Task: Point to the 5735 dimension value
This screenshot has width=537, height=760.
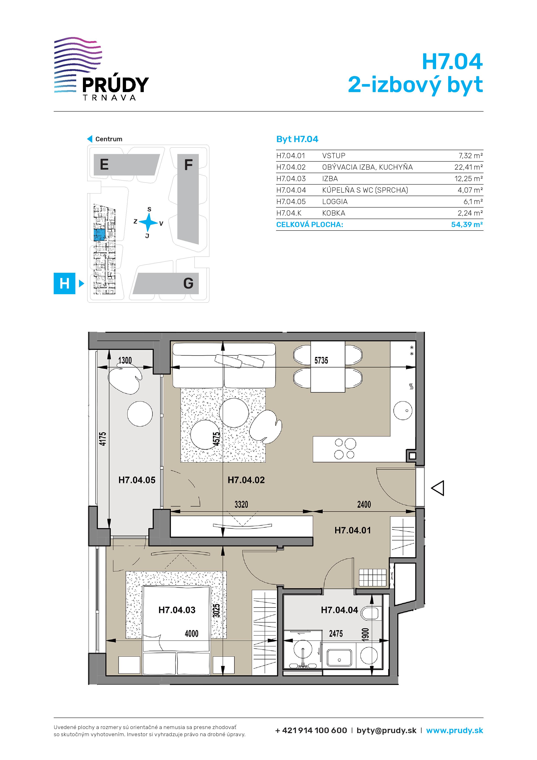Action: (321, 361)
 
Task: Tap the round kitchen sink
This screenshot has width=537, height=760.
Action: (403, 411)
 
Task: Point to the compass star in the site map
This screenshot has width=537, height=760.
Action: (148, 222)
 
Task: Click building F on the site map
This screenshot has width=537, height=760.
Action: (188, 199)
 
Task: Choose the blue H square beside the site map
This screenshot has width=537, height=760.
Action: (65, 283)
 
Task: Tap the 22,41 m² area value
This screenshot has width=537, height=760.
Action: (469, 167)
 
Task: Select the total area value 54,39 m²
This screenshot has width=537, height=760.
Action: (467, 224)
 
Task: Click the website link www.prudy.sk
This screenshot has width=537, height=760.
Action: (455, 731)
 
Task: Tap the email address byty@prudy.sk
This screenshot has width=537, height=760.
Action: (387, 731)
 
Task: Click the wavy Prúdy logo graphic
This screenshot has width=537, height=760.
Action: (78, 65)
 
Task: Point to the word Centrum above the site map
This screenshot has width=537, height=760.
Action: (109, 139)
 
